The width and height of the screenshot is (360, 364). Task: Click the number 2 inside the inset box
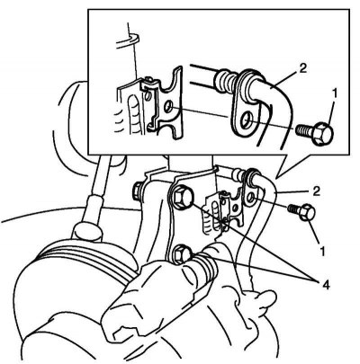tap(302, 68)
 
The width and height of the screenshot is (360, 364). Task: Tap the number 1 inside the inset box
tap(335, 93)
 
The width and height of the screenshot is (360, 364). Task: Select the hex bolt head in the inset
tap(322, 133)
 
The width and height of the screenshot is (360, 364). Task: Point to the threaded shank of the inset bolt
tap(303, 129)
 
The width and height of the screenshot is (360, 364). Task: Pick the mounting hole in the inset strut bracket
tap(168, 106)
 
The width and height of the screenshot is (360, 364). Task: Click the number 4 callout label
tap(325, 285)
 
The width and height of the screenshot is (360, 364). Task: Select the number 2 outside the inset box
tap(316, 191)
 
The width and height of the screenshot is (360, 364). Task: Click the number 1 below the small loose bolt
tap(322, 252)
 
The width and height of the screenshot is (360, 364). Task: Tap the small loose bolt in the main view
tap(301, 211)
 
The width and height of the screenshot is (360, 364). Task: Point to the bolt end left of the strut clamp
tap(138, 191)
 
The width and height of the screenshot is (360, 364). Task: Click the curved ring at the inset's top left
tap(127, 41)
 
